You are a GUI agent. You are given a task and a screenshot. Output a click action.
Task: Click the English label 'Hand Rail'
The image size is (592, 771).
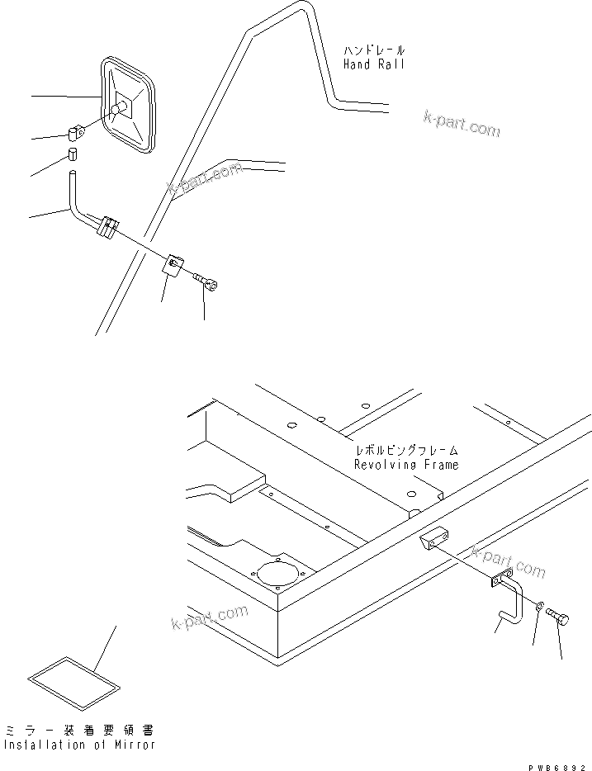(x=374, y=64)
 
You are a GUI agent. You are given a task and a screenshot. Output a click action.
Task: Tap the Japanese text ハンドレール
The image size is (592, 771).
(x=374, y=50)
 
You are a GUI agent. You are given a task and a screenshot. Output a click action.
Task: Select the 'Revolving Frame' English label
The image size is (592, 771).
(x=405, y=465)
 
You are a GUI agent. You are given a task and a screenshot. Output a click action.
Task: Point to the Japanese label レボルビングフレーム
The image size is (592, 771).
(x=405, y=452)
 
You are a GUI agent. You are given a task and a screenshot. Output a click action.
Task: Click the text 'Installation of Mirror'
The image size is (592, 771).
(x=78, y=745)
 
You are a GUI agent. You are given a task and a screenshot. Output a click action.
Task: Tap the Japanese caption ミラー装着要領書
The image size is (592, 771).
(x=78, y=731)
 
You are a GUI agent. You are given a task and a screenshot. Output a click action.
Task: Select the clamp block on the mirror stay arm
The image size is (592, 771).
(x=108, y=226)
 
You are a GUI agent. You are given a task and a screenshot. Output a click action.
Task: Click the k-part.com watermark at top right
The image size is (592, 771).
(x=462, y=124)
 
